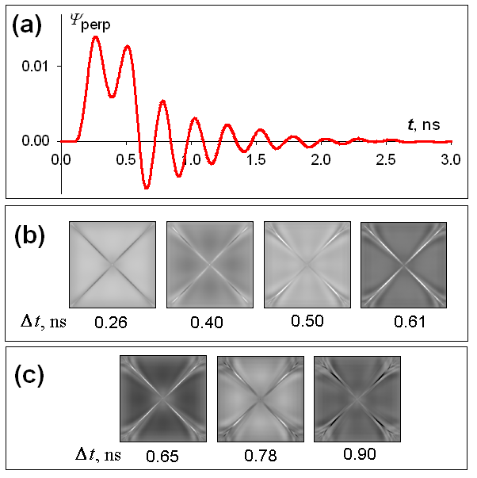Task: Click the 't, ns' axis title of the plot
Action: pyautogui.click(x=424, y=124)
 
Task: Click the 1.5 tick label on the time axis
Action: pyautogui.click(x=255, y=159)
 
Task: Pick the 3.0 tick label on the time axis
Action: pyautogui.click(x=451, y=159)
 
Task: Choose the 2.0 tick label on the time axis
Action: pyautogui.click(x=321, y=159)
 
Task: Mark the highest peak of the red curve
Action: pyautogui.click(x=95, y=36)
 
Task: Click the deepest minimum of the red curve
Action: pyautogui.click(x=147, y=188)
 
